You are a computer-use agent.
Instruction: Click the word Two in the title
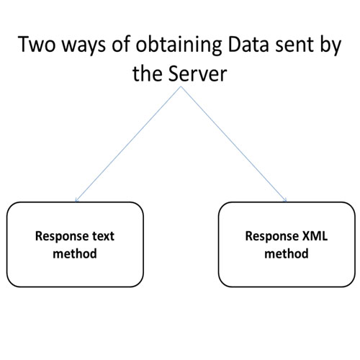tap(37, 44)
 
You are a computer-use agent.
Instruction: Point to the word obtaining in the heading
tap(179, 45)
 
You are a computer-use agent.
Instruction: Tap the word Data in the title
tap(248, 44)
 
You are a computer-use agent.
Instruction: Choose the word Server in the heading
tap(197, 73)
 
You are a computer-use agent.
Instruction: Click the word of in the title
tap(121, 44)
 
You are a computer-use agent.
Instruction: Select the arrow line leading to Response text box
tap(128, 144)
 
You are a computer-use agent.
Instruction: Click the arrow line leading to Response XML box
tap(234, 144)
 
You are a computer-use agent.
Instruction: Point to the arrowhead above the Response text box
tap(76, 201)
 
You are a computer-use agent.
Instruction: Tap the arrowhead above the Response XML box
tap(285, 200)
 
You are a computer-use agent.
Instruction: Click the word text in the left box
tap(104, 236)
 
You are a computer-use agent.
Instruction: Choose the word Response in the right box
tap(272, 237)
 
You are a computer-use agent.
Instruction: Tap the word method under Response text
tap(75, 253)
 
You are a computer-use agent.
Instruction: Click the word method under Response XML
tap(287, 253)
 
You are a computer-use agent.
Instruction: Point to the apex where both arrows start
tap(181, 86)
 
